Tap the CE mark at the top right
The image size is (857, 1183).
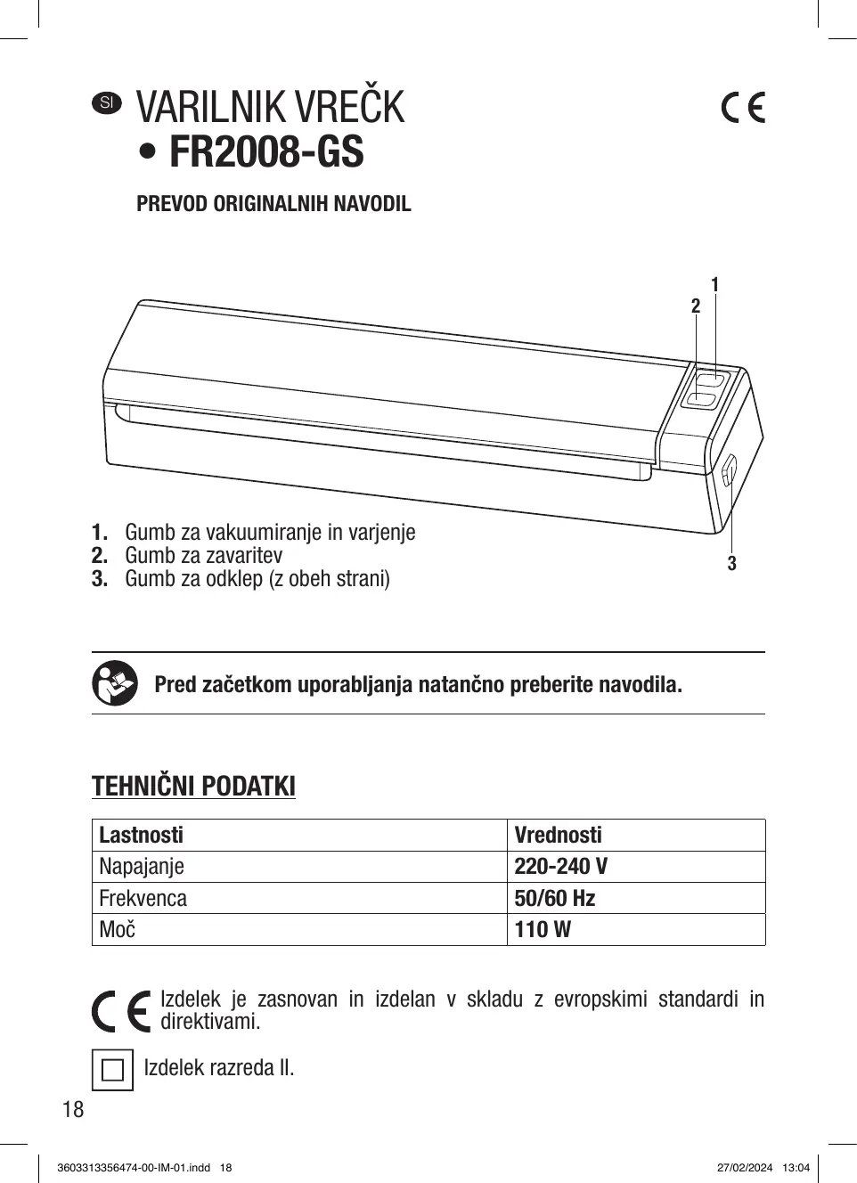pos(742,107)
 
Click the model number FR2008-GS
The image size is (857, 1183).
pos(266,152)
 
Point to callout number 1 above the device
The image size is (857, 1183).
pos(714,284)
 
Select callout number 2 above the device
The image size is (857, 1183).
pos(696,306)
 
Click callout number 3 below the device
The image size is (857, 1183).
pos(731,563)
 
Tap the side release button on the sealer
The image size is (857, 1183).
pos(727,470)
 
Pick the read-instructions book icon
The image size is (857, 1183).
pos(115,684)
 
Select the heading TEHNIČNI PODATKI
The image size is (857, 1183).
pos(193,787)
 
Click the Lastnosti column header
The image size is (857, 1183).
pos(141,835)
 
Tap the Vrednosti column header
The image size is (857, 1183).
pos(558,835)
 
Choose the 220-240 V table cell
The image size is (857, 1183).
pos(561,866)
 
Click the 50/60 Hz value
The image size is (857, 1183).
pos(554,898)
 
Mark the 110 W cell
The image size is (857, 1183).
pos(543,929)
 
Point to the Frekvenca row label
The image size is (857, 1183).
pos(143,898)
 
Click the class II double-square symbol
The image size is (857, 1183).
pos(112,1069)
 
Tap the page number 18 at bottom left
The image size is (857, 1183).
pos(73,1109)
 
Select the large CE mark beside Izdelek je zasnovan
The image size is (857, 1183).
pos(121,1011)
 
